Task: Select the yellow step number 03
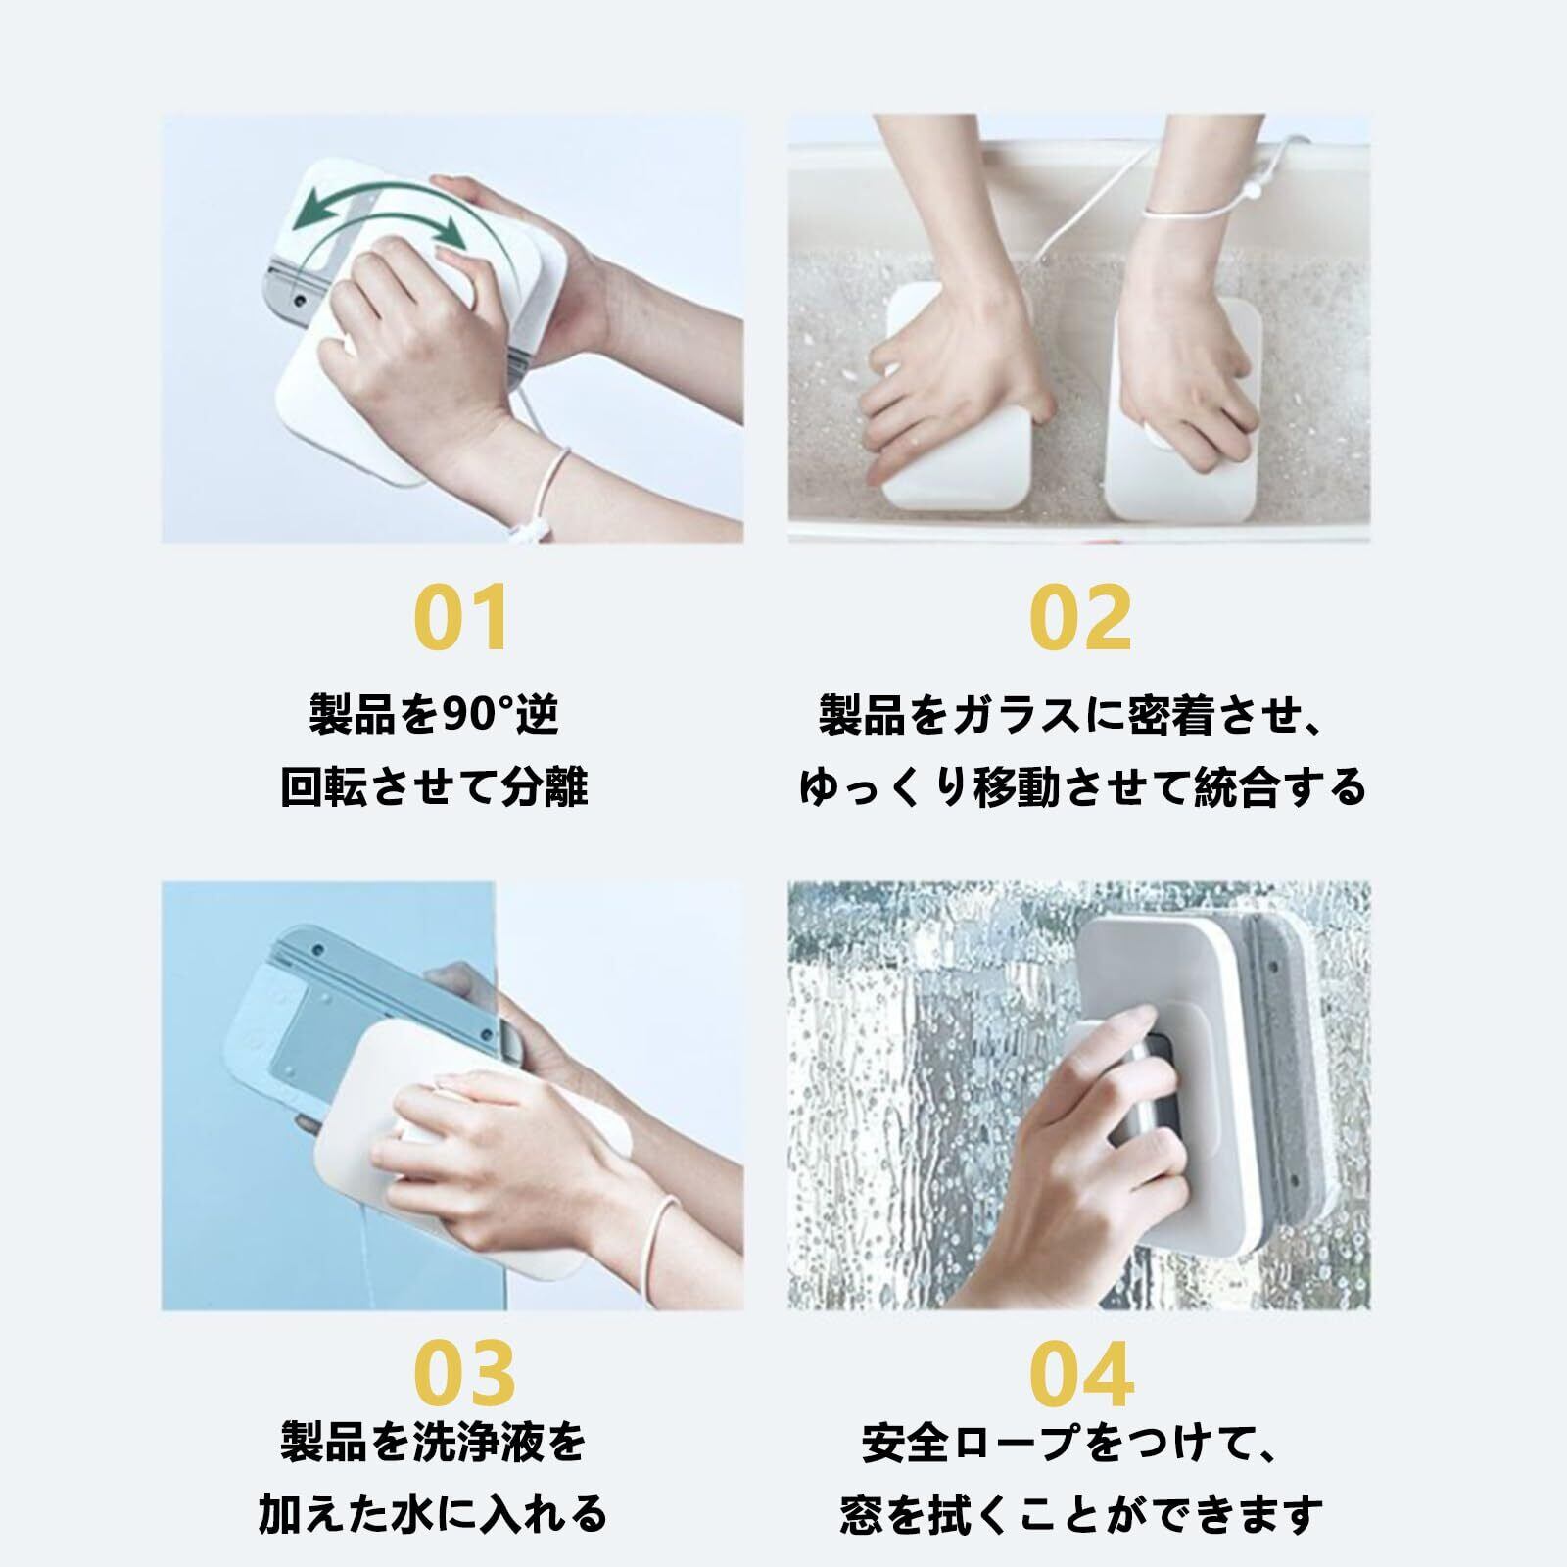(464, 1371)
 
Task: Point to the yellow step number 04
(1082, 1371)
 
